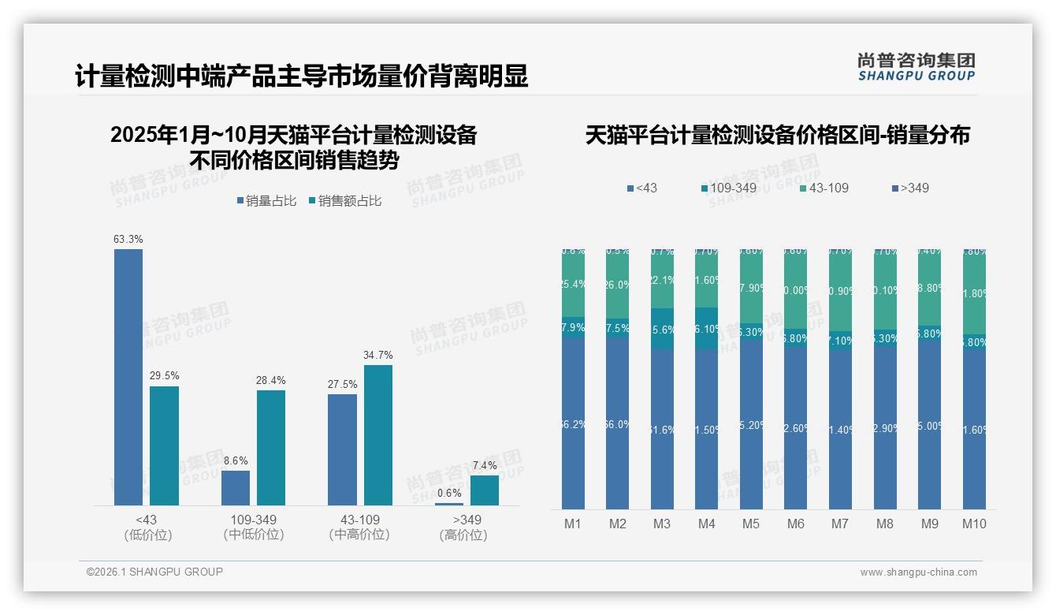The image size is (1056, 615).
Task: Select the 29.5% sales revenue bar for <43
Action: (164, 445)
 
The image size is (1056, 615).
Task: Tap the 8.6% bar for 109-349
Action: (236, 488)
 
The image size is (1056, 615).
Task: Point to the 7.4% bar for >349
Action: (484, 490)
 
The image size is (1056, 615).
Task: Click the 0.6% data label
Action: (449, 494)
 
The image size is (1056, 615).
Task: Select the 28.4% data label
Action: (270, 380)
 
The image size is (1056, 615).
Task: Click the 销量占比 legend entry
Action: (266, 201)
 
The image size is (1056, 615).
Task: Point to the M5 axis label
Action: (751, 524)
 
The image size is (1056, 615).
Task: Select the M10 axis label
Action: (974, 524)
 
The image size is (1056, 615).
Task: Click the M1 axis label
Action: (573, 524)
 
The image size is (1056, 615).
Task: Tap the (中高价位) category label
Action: (359, 535)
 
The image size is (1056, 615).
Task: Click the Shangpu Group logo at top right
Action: (916, 67)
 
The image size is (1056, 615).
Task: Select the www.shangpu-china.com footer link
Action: (918, 572)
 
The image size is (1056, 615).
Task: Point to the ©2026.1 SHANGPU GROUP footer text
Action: (154, 572)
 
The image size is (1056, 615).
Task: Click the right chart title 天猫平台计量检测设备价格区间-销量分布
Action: (777, 136)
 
